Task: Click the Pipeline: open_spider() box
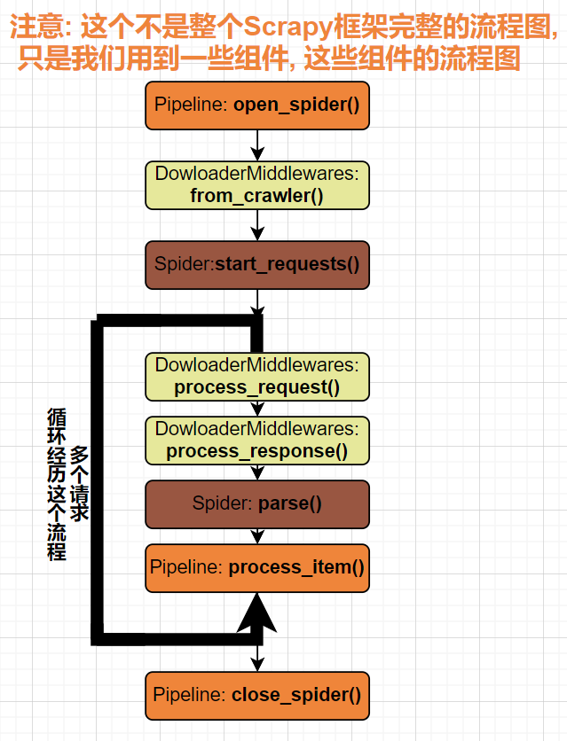pyautogui.click(x=257, y=105)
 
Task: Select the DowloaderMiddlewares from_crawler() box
pyautogui.click(x=257, y=184)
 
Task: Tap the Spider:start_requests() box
pyautogui.click(x=257, y=264)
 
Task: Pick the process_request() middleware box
pyautogui.click(x=257, y=376)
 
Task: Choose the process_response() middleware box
pyautogui.click(x=257, y=441)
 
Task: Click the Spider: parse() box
pyautogui.click(x=257, y=504)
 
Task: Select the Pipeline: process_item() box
pyautogui.click(x=257, y=567)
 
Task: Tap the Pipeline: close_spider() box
pyautogui.click(x=257, y=695)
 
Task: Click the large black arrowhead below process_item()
pyautogui.click(x=257, y=612)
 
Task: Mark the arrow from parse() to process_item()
pyautogui.click(x=257, y=536)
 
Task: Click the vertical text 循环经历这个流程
pyautogui.click(x=57, y=483)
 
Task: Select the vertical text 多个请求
pyautogui.click(x=80, y=483)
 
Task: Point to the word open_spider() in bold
pyautogui.click(x=296, y=105)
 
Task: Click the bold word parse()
pyautogui.click(x=289, y=504)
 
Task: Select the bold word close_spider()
pyautogui.click(x=296, y=695)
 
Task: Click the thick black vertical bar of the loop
pyautogui.click(x=98, y=479)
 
